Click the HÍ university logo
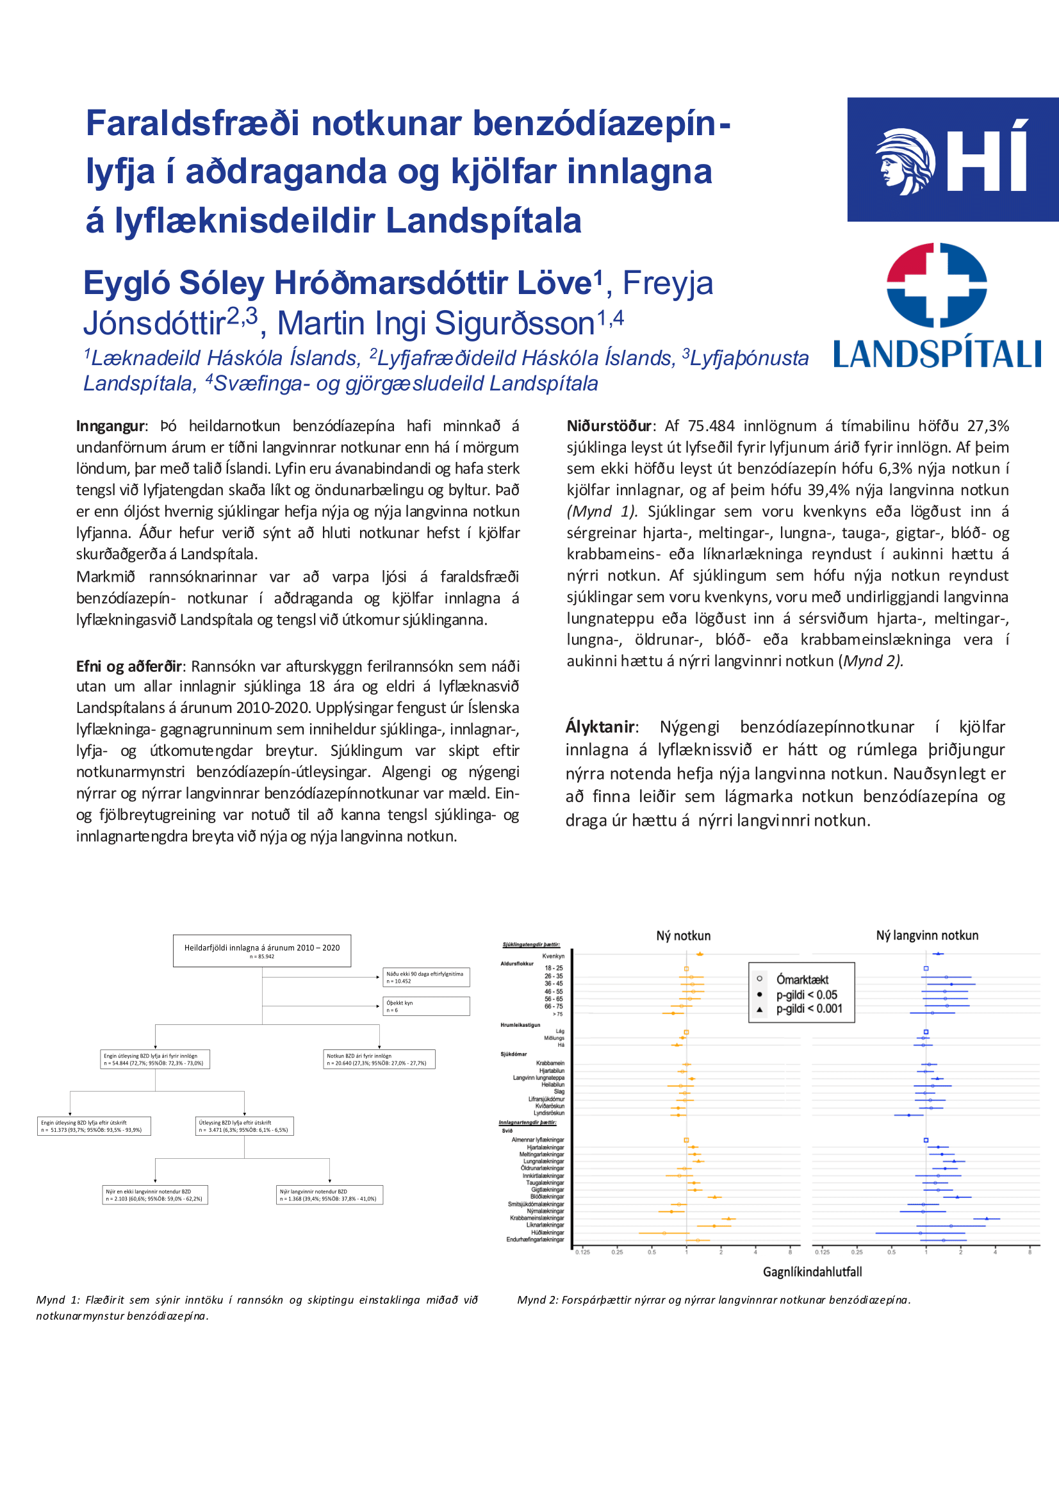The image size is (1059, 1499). coord(953,160)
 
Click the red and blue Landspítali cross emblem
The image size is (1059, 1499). coord(936,284)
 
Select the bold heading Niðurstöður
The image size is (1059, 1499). coord(609,427)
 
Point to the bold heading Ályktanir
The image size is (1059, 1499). coord(600,726)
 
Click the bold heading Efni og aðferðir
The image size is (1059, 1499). coord(129,667)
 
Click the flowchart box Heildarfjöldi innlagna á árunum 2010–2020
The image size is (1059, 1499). coord(262,951)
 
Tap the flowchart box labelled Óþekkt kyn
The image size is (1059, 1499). coord(425,1006)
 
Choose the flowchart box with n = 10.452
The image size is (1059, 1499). coord(425,978)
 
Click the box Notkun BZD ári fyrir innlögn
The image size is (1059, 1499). coord(379,1059)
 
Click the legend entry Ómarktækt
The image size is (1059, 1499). coord(801,979)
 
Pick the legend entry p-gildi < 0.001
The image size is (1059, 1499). coord(809,1009)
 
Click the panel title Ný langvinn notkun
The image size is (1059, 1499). coord(926,935)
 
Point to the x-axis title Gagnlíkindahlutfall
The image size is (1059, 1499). coord(812,1272)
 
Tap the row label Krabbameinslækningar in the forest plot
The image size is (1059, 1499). coord(537,1218)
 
